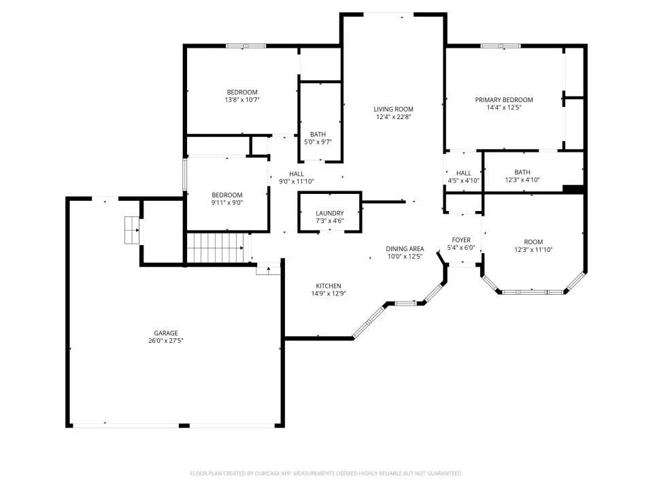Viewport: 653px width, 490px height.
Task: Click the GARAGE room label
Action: pyautogui.click(x=166, y=333)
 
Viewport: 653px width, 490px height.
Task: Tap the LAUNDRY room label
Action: pyautogui.click(x=329, y=213)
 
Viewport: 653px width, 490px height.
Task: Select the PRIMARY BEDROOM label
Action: pyautogui.click(x=504, y=99)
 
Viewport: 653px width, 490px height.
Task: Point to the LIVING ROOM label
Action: pyautogui.click(x=393, y=109)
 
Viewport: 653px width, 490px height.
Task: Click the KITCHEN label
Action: pyautogui.click(x=328, y=286)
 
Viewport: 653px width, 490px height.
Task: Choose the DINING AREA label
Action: pyautogui.click(x=405, y=249)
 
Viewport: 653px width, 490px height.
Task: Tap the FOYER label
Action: pyautogui.click(x=461, y=240)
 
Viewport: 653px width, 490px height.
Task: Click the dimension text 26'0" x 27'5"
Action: pyautogui.click(x=166, y=340)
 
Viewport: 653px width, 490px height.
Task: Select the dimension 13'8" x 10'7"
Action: pyautogui.click(x=242, y=99)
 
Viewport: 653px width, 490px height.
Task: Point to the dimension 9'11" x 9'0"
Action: pyautogui.click(x=227, y=203)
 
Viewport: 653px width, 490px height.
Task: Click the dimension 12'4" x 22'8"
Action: pyautogui.click(x=393, y=116)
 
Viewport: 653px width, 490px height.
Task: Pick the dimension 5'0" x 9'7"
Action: pyautogui.click(x=318, y=142)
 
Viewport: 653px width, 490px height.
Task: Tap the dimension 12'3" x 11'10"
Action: pyautogui.click(x=533, y=250)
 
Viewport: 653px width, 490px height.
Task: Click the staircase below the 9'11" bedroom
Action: pyautogui.click(x=216, y=248)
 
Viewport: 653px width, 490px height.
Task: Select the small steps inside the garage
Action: pyautogui.click(x=132, y=230)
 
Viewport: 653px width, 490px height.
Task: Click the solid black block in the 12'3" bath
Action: pyautogui.click(x=573, y=189)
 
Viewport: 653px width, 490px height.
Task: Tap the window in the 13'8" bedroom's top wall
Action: pyautogui.click(x=246, y=46)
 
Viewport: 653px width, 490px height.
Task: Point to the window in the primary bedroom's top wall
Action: pyautogui.click(x=500, y=46)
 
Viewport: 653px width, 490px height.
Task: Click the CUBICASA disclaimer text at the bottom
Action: pyautogui.click(x=326, y=474)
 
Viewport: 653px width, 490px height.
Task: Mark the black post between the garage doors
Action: pyautogui.click(x=184, y=425)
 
